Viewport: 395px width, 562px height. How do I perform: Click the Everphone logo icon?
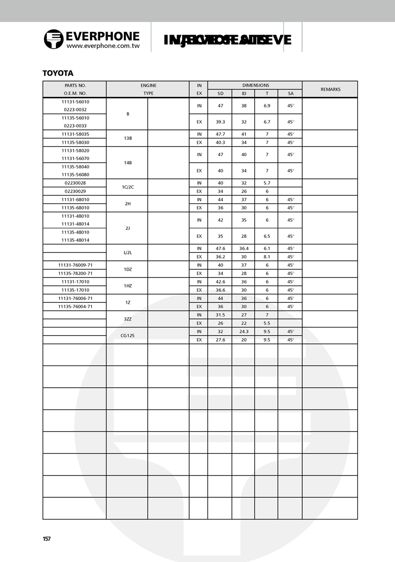pyautogui.click(x=53, y=39)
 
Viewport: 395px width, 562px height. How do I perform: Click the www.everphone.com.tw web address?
pyautogui.click(x=103, y=46)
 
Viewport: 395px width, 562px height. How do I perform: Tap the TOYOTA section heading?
pyautogui.click(x=58, y=73)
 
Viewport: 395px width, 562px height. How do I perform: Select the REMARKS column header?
pyautogui.click(x=330, y=89)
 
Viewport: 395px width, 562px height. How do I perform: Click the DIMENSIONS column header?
pyautogui.click(x=255, y=85)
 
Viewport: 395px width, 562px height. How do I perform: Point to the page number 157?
pyautogui.click(x=47, y=539)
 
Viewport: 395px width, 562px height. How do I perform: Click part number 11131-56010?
pyautogui.click(x=75, y=101)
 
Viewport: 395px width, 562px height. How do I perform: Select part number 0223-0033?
pyautogui.click(x=75, y=126)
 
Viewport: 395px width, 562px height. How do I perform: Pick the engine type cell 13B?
pyautogui.click(x=127, y=138)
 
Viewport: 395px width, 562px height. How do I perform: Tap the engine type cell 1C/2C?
pyautogui.click(x=127, y=187)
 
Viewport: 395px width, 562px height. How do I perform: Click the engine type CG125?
pyautogui.click(x=127, y=335)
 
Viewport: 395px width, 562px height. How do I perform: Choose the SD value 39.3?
pyautogui.click(x=220, y=121)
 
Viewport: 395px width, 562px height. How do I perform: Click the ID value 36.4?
pyautogui.click(x=244, y=248)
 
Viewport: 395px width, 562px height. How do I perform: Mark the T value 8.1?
pyautogui.click(x=267, y=257)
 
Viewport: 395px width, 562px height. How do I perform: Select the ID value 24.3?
pyautogui.click(x=244, y=331)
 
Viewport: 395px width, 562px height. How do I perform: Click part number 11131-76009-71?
pyautogui.click(x=75, y=265)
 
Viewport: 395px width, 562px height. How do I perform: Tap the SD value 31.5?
pyautogui.click(x=220, y=315)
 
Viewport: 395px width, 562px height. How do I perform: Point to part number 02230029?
pyautogui.click(x=75, y=191)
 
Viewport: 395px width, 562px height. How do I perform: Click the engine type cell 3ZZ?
pyautogui.click(x=127, y=319)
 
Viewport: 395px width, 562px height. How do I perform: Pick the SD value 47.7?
pyautogui.click(x=220, y=134)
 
